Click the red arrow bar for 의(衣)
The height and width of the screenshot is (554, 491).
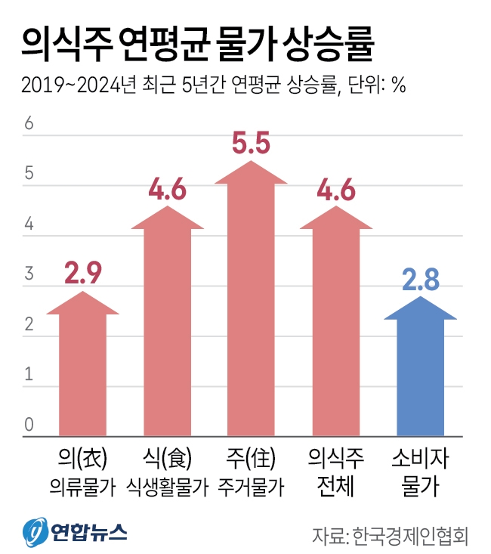tap(82, 370)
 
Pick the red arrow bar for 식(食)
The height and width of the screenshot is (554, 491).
tap(168, 333)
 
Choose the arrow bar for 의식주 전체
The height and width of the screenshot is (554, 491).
tap(337, 333)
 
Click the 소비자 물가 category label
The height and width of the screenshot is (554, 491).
tap(421, 472)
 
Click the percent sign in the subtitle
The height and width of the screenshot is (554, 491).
tap(399, 85)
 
